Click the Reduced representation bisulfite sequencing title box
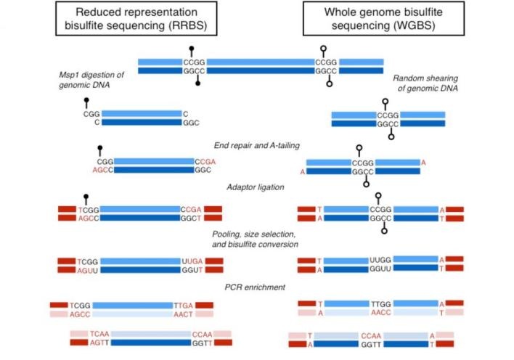(x=136, y=18)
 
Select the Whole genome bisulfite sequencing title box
(x=383, y=18)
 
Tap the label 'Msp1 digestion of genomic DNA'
(x=91, y=80)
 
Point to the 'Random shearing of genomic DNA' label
(x=425, y=83)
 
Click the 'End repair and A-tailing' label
(x=257, y=146)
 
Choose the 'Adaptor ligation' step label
(x=256, y=187)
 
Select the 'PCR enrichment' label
(x=255, y=287)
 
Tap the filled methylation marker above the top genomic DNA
(x=192, y=51)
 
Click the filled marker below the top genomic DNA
(x=197, y=81)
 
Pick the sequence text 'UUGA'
(x=192, y=261)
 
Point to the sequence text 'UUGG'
(x=380, y=260)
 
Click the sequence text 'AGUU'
(x=88, y=271)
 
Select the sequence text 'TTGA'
(x=183, y=306)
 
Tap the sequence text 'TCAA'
(x=99, y=334)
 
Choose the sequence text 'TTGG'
(x=381, y=304)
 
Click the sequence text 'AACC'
(x=381, y=313)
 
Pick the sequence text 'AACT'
(x=183, y=314)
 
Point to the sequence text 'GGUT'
(x=192, y=270)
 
